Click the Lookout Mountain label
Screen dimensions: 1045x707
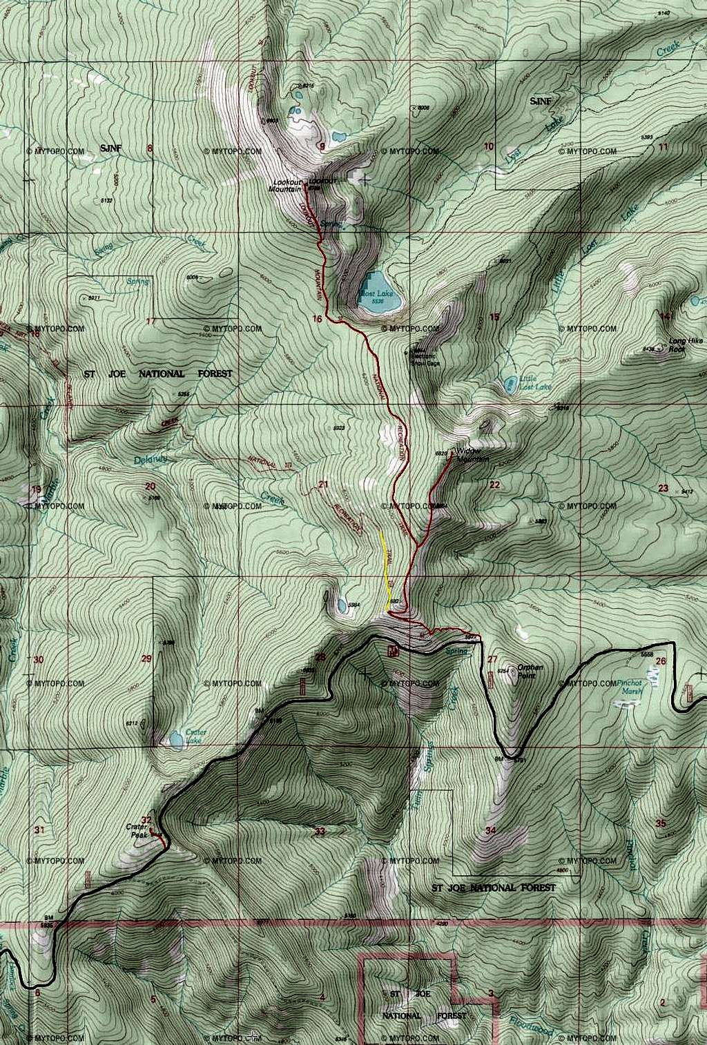point(287,186)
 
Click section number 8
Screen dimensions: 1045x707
point(149,147)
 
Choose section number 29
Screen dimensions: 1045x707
point(146,658)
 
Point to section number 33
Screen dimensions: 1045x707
point(319,831)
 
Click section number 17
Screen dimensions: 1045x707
point(151,321)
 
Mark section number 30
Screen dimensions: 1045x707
point(39,660)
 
